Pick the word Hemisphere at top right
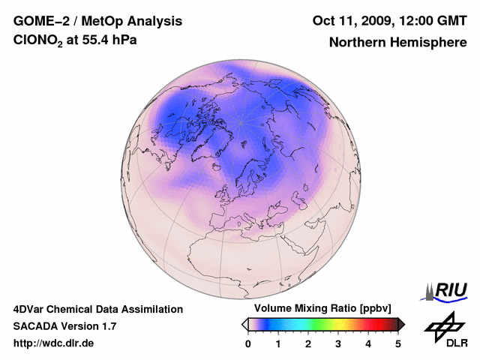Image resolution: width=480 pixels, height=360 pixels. [430, 43]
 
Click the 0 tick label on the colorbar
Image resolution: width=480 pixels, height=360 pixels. [248, 343]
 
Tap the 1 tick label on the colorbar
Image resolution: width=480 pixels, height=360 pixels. [278, 343]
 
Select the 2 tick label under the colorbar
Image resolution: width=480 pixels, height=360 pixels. [308, 343]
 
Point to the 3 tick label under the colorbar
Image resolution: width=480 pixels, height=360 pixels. [338, 343]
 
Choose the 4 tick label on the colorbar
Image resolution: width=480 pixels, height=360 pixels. [368, 343]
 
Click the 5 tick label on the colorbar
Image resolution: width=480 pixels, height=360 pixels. [398, 343]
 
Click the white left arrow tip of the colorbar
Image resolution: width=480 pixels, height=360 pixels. [245, 324]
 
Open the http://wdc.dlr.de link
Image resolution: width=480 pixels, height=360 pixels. [54, 343]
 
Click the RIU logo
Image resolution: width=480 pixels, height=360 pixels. [447, 290]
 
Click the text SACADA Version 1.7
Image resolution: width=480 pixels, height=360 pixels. [64, 326]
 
